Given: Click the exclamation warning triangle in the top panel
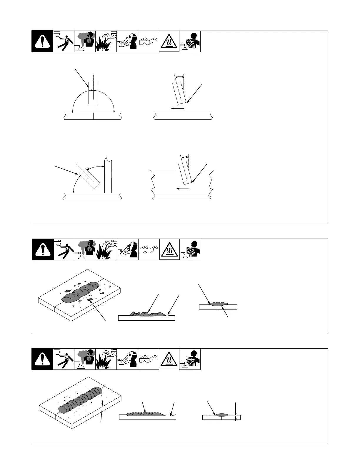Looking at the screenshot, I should (42, 41).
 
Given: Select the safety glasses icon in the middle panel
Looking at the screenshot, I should (149, 249).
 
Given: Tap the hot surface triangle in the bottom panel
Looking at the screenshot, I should (169, 359).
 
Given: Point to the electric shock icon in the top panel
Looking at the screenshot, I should (64, 41).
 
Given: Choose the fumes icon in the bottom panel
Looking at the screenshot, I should (85, 359).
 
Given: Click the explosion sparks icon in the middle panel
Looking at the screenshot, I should (106, 249).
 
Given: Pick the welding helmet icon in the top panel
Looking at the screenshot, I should (127, 41).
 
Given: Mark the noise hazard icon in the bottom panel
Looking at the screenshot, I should (190, 359).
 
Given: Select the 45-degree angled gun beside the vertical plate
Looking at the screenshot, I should (88, 176).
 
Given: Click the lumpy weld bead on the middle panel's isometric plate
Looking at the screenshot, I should (79, 292).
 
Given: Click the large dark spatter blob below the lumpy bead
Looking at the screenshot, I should (90, 299).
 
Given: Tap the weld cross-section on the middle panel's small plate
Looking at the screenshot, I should (218, 303).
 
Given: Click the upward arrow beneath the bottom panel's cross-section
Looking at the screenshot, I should (236, 419).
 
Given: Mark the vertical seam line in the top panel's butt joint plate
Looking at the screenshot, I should (93, 116).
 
